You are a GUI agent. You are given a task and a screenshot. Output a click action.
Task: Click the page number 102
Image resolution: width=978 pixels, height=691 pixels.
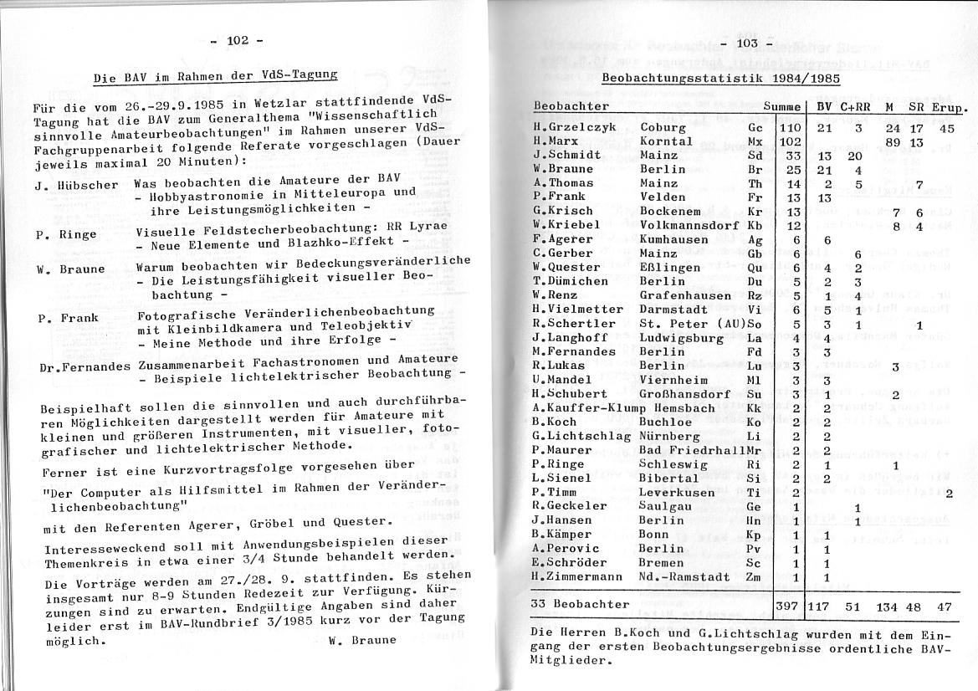tap(237, 40)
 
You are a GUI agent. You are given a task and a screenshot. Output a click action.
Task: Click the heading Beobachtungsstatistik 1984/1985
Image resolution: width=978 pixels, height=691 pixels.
tap(720, 78)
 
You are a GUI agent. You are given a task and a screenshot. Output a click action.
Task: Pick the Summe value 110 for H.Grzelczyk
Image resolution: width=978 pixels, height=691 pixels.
tap(791, 128)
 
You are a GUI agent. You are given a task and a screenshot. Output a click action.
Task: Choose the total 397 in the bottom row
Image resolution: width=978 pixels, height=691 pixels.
tap(788, 604)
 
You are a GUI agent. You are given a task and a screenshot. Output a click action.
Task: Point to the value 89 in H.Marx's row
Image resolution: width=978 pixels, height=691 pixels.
tap(892, 142)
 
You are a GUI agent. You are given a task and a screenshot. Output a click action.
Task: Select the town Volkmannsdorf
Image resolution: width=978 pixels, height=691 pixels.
tap(689, 225)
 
